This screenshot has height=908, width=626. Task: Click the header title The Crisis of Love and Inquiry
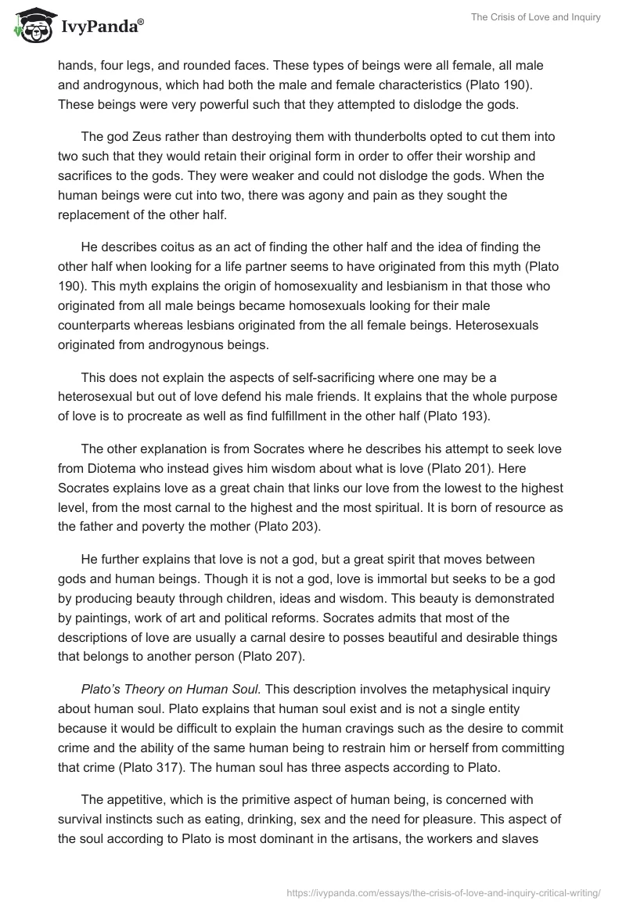click(x=537, y=18)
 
